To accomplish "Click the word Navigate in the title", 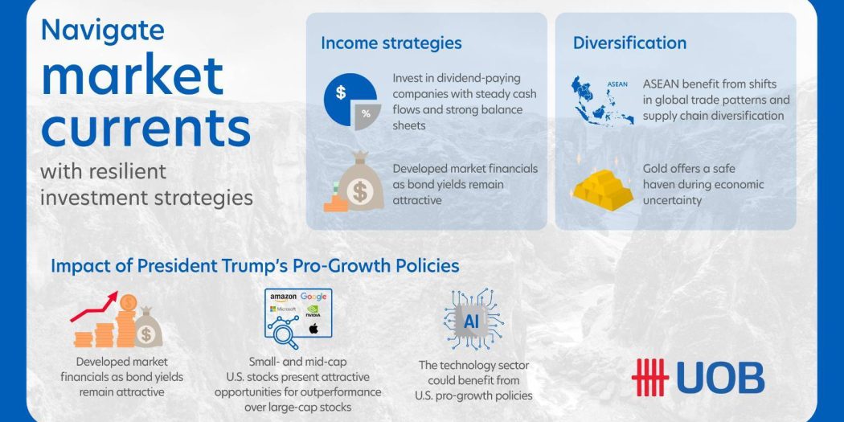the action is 103,31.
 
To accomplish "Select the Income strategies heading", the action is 391,43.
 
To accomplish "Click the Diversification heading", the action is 629,43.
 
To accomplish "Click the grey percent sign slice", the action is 367,116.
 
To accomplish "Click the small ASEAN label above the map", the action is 617,84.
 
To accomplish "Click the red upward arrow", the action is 95,305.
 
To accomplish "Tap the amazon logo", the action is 283,297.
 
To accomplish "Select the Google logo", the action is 313,297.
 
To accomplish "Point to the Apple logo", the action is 313,328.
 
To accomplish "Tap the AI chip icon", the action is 474,320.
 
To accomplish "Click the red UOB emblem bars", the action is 649,377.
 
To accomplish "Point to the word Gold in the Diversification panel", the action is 654,169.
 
